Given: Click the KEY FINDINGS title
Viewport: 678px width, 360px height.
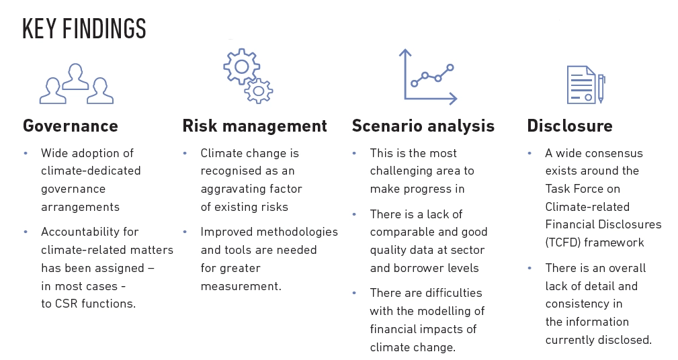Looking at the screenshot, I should click(x=84, y=29).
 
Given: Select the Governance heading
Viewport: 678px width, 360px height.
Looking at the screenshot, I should click(x=71, y=126).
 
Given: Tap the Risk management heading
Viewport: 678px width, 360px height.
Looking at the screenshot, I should click(x=255, y=126).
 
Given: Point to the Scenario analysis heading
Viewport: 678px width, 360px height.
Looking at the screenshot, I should click(x=423, y=126).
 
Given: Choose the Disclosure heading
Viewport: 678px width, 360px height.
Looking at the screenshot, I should click(x=570, y=126).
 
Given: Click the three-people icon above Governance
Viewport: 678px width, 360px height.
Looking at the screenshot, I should click(x=75, y=84).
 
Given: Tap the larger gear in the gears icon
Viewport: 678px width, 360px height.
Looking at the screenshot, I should click(x=241, y=65).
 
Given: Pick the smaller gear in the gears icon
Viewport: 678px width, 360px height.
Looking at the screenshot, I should click(x=259, y=90).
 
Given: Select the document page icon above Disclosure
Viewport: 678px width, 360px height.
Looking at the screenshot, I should click(x=581, y=84).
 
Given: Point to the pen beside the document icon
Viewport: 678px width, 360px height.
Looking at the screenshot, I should click(x=601, y=88).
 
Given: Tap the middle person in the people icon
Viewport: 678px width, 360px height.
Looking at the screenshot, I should click(x=75, y=76).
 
